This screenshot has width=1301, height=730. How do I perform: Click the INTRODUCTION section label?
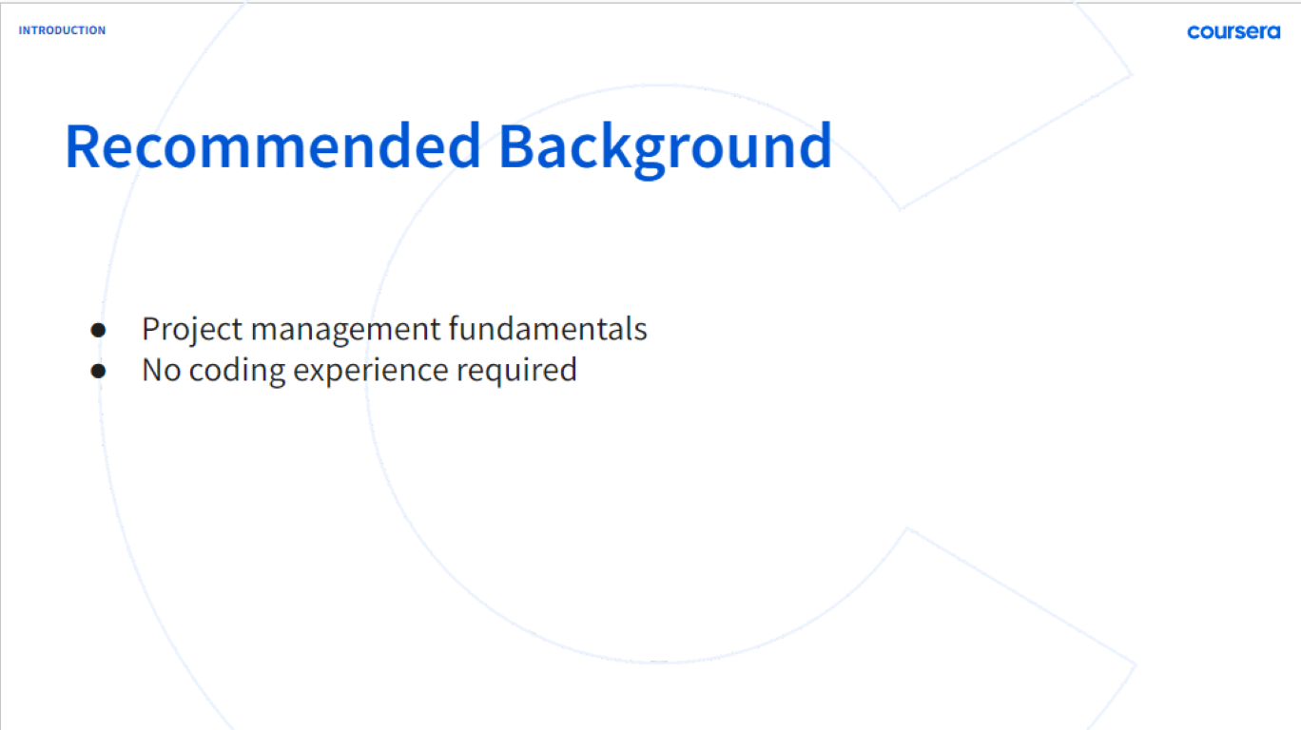62,30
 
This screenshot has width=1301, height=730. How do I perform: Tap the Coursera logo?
1233,32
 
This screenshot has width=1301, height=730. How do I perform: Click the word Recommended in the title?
273,146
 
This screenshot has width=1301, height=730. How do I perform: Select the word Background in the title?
666,150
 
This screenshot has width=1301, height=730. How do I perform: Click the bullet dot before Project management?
98,330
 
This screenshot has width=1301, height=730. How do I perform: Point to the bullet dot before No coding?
98,371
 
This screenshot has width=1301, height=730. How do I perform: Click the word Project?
192,331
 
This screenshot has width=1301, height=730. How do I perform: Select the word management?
346,331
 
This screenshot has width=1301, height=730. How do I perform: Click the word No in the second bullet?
162,370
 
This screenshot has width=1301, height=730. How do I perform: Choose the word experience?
371,373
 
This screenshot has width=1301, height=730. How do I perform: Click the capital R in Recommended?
82,146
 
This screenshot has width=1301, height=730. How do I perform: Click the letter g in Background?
650,156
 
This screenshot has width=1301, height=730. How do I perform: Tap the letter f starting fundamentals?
455,329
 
